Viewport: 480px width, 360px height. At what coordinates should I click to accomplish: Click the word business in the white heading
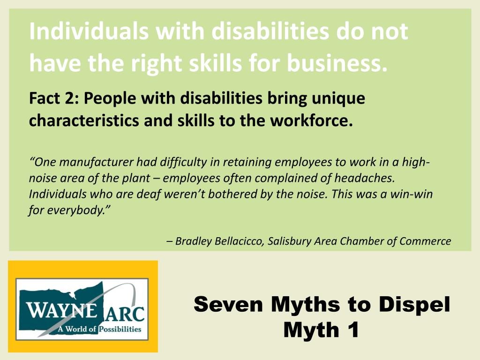point(336,62)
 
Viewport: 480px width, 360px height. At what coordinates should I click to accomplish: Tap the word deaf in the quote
point(127,194)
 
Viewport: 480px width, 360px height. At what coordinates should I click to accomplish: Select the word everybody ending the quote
point(78,210)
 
